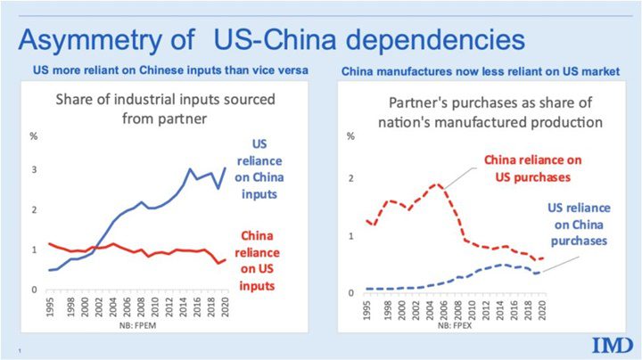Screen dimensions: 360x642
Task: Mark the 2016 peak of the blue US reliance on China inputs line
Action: click(189, 168)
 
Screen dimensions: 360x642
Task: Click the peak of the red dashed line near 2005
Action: click(436, 184)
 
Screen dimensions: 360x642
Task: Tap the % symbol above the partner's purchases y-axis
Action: click(350, 136)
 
